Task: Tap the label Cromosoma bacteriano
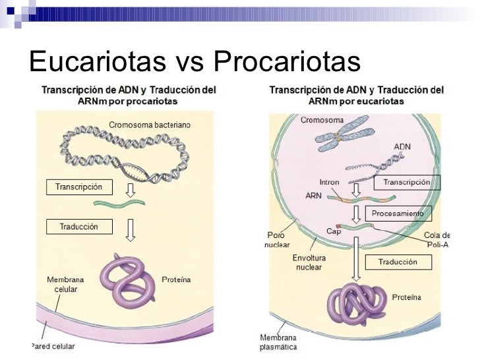click(x=149, y=125)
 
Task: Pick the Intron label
click(x=328, y=182)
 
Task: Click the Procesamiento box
click(x=398, y=214)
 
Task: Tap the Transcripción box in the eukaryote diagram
click(x=406, y=183)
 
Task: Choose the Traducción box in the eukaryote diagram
click(x=397, y=262)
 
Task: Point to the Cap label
click(x=334, y=231)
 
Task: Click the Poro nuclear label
click(x=278, y=239)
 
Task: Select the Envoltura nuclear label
click(x=308, y=262)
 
